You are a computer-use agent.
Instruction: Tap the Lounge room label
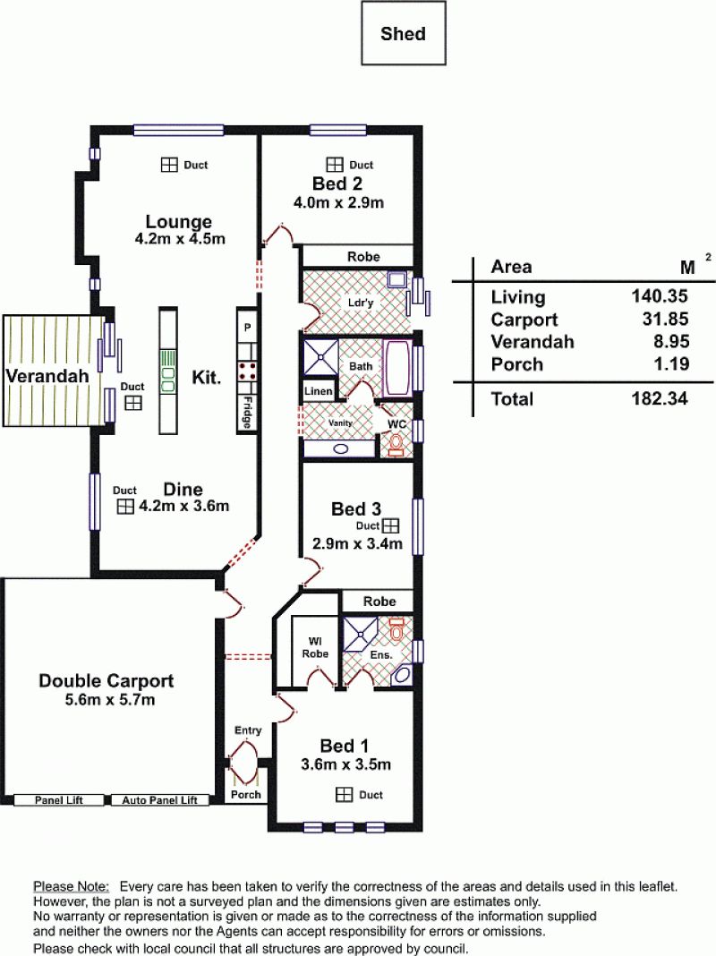(178, 221)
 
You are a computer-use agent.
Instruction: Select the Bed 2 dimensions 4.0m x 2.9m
(339, 202)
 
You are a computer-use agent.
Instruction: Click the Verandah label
(47, 376)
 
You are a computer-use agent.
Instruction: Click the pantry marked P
(247, 327)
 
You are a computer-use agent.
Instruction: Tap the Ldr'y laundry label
(360, 303)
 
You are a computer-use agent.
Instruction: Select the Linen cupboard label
(318, 391)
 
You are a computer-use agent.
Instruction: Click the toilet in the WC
(396, 445)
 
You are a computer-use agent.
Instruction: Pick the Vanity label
(340, 423)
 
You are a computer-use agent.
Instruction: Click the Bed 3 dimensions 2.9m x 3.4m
(357, 543)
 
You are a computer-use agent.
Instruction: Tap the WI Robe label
(315, 647)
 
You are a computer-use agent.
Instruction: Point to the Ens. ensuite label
(381, 655)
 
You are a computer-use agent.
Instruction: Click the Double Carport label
(106, 680)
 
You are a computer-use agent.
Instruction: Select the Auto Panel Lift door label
(159, 800)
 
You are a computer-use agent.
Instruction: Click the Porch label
(245, 795)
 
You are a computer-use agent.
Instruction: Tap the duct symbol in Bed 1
(345, 795)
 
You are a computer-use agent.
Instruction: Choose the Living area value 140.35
(660, 296)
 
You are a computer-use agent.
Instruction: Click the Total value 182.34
(660, 398)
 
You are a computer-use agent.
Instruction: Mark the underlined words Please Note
(72, 886)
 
